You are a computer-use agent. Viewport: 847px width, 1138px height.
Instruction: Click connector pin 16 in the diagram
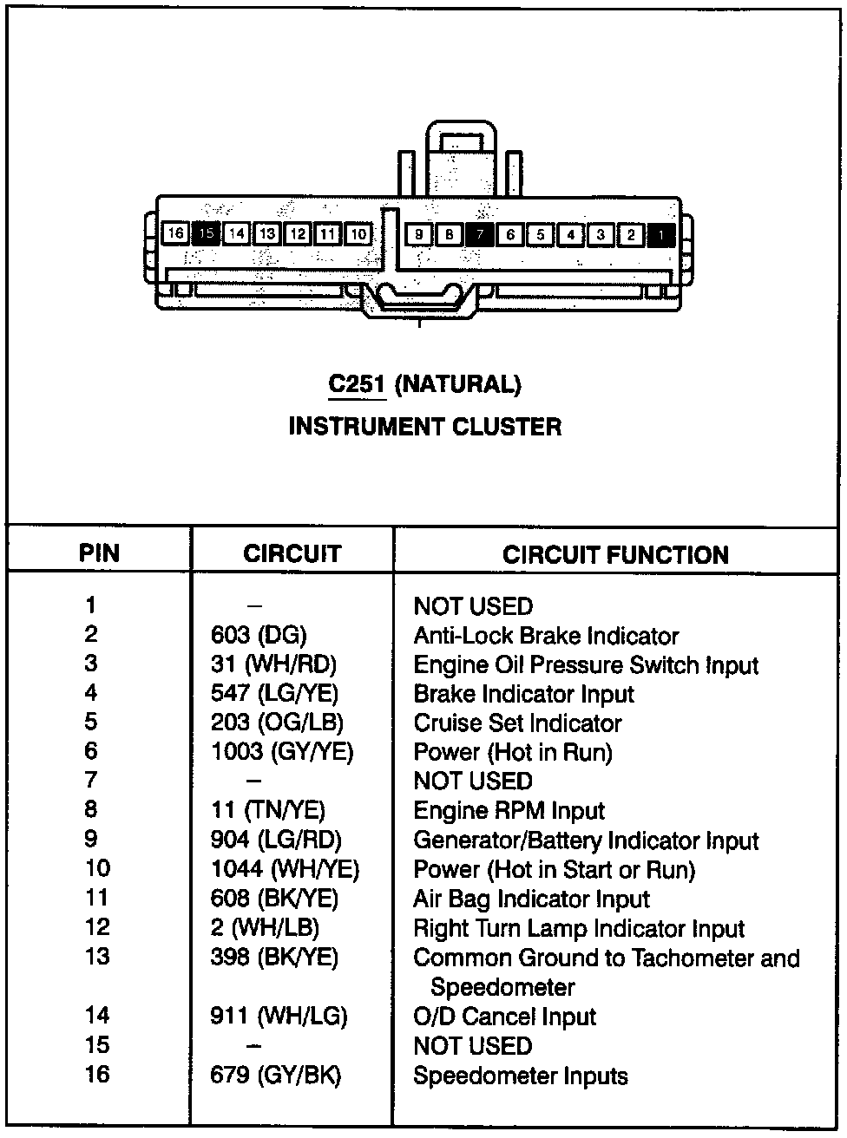pos(176,233)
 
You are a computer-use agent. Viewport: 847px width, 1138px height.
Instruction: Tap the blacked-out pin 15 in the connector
pos(207,233)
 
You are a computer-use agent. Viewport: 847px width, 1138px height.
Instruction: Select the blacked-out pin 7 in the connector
pos(480,234)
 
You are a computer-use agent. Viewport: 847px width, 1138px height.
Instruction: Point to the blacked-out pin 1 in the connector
pos(661,234)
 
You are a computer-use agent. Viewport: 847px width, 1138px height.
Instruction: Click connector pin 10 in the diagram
pos(358,233)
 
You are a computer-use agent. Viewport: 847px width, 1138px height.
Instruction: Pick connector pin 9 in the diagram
pos(419,234)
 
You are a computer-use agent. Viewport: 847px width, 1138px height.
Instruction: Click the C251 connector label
pos(357,384)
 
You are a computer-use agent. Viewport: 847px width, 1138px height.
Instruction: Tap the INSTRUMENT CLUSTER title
pos(424,427)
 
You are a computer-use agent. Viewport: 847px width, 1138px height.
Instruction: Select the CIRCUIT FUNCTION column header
pos(615,555)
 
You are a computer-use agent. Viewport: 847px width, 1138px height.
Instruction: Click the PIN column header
pos(99,553)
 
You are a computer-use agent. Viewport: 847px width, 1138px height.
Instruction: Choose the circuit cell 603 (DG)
pos(259,636)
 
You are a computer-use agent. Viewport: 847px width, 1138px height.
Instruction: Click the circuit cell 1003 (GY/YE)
pos(282,752)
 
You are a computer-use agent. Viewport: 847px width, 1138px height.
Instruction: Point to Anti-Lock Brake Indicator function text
pos(546,636)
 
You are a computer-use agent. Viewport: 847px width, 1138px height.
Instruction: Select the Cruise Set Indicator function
pos(517,723)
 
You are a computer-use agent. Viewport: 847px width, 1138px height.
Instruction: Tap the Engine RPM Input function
pos(509,811)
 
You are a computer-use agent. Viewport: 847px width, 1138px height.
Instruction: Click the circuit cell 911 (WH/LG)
pos(279,1016)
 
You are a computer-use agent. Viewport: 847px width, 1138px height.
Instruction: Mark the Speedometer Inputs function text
pos(520,1076)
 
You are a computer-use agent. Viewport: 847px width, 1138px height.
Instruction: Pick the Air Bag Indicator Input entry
pos(531,899)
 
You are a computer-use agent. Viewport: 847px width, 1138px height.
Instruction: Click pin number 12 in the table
pos(97,927)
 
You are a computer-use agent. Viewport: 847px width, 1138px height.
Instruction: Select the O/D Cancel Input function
pos(504,1017)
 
